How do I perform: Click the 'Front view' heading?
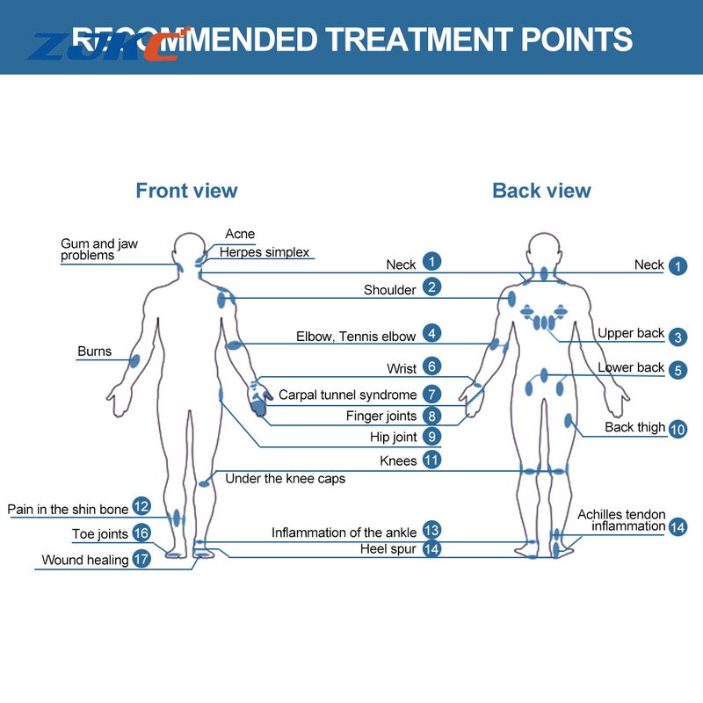tap(186, 190)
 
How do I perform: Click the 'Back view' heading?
tap(541, 190)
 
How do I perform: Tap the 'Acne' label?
tap(240, 234)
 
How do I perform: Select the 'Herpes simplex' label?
tap(265, 252)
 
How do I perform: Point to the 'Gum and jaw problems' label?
tap(98, 250)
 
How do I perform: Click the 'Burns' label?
tap(94, 351)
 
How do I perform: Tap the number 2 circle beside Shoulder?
tap(431, 286)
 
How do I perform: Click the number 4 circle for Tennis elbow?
tap(431, 333)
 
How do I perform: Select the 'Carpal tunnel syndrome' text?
tap(347, 395)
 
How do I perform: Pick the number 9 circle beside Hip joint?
tap(431, 436)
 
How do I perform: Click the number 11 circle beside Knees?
tap(431, 460)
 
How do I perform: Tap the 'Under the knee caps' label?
tap(285, 479)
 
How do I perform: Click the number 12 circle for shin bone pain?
tap(141, 506)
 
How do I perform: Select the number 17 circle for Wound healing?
tap(141, 558)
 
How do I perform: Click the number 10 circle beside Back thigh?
tap(677, 429)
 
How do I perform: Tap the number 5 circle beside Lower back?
tap(677, 369)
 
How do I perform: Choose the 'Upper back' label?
tap(631, 333)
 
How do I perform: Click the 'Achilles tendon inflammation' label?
tap(621, 520)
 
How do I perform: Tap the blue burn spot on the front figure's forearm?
tap(134, 360)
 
